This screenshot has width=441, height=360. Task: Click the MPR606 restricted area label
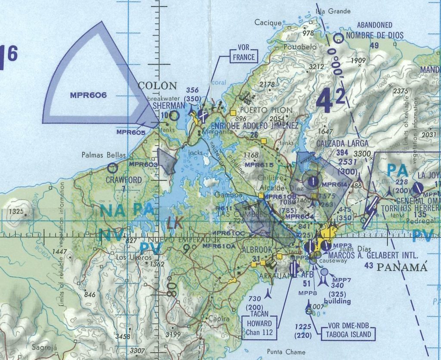click(x=88, y=95)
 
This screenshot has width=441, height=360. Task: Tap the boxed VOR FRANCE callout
click(x=244, y=54)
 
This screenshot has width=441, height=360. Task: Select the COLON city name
click(x=157, y=85)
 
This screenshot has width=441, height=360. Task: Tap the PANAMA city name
click(x=402, y=267)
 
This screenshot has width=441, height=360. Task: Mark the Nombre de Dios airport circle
click(x=339, y=38)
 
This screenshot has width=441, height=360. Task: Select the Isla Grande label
click(x=333, y=11)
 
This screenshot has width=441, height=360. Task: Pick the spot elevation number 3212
click(x=317, y=67)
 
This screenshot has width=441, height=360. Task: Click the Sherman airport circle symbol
click(x=174, y=115)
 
